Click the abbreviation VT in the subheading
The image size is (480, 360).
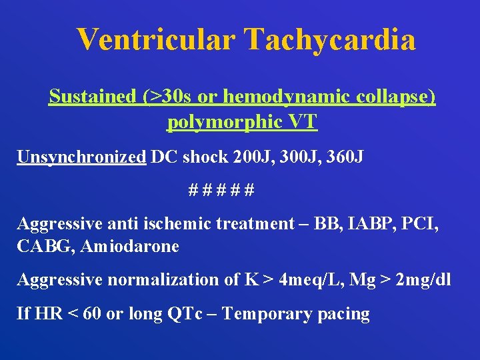coord(303,122)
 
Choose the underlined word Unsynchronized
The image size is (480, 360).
coord(81,157)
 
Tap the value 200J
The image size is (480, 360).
coord(253,157)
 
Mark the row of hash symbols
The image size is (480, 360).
coord(221,190)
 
